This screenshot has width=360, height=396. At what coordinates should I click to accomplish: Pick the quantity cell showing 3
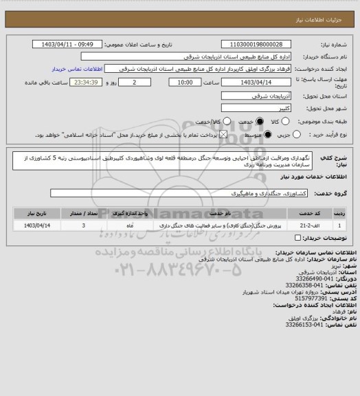coord(83,225)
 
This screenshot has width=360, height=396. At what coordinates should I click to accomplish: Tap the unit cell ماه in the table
coord(130,225)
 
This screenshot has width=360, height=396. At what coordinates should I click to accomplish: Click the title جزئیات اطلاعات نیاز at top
coord(323,13)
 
